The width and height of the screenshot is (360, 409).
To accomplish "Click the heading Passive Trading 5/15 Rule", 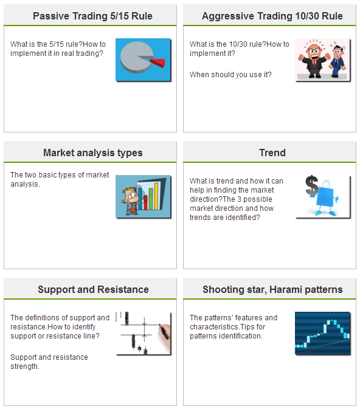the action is click(92, 16).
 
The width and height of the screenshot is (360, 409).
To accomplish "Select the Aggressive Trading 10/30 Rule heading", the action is click(272, 16).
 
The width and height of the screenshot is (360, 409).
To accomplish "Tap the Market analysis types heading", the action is click(92, 153).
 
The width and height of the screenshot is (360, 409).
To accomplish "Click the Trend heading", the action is click(272, 153).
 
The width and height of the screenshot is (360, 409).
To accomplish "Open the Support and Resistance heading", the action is click(93, 289).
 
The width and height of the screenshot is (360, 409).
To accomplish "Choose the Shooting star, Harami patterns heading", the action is click(272, 289).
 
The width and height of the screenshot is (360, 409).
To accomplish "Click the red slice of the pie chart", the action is click(158, 63).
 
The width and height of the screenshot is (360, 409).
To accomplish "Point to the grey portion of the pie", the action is click(136, 57).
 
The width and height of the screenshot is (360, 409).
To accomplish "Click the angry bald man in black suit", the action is click(313, 60).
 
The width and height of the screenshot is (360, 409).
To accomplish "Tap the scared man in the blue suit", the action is click(337, 61).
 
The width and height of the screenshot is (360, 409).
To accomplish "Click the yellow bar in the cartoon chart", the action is click(156, 196).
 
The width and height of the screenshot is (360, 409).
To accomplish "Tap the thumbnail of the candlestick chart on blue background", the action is click(322, 333).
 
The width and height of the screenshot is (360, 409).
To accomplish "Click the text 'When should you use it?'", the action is click(230, 75).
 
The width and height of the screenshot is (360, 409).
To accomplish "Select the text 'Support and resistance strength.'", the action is click(49, 362).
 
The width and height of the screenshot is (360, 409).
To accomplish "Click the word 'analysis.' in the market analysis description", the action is click(25, 184).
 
